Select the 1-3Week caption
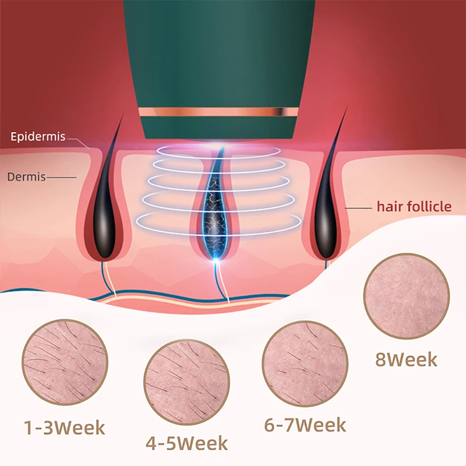coord(64,428)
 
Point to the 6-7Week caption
coord(305,425)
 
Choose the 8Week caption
coord(406,359)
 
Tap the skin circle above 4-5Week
coord(186,383)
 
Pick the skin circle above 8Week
coord(406,295)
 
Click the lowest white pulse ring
coord(218,222)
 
